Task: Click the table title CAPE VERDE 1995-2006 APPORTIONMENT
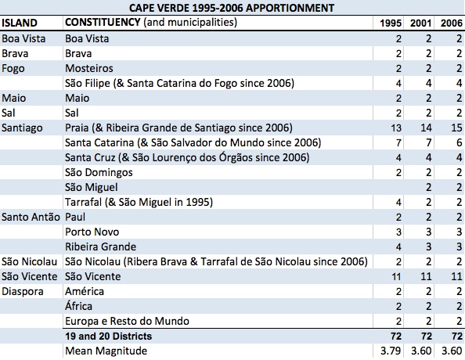point(232,8)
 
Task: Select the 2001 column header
point(420,23)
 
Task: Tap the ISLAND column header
point(20,23)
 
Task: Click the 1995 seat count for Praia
point(396,128)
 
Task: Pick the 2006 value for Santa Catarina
point(459,142)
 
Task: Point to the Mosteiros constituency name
point(89,69)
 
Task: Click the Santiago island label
point(22,128)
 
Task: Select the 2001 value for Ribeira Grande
point(428,247)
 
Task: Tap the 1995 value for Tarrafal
point(398,202)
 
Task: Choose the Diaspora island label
point(23,291)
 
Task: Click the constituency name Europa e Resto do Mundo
point(127,321)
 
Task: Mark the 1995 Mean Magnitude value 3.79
point(391,351)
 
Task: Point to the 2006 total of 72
point(456,336)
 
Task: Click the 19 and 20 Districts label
point(109,336)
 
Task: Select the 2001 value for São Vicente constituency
point(426,276)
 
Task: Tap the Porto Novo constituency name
point(92,232)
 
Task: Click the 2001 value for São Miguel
point(428,187)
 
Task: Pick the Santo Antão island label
point(31,217)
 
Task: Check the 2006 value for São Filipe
point(459,83)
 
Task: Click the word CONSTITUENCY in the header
point(103,22)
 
